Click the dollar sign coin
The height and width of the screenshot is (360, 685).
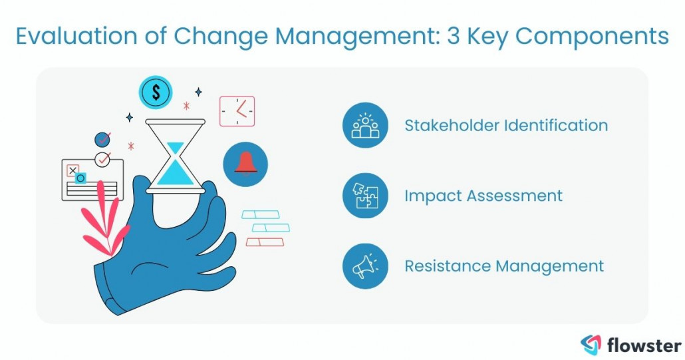tap(156, 93)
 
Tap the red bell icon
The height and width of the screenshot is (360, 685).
tap(245, 164)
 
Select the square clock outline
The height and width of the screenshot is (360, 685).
tap(237, 111)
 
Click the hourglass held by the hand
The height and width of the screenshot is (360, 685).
tap(176, 156)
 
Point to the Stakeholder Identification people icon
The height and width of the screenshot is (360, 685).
tap(365, 125)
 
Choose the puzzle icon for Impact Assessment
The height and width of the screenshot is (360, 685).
tap(365, 196)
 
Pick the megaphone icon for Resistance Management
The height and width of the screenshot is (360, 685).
tap(365, 266)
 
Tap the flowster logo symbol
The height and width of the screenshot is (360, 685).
tap(591, 345)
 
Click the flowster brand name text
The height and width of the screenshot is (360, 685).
tap(644, 345)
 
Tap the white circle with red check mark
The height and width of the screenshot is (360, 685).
tap(102, 159)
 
